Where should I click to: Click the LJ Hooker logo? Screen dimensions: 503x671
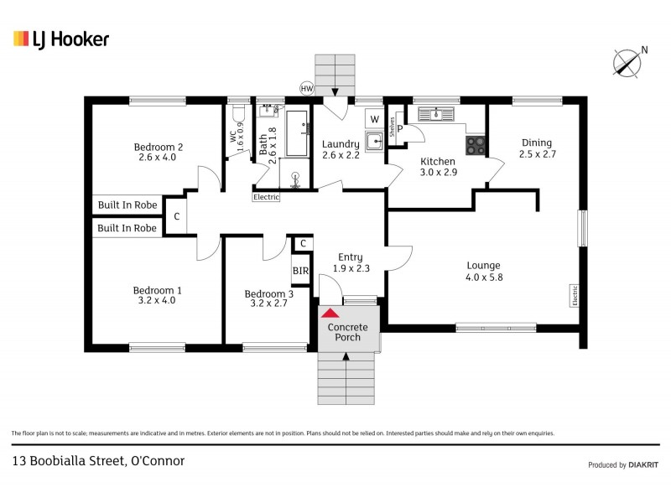[x=60, y=39]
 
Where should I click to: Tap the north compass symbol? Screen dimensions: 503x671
[x=627, y=62]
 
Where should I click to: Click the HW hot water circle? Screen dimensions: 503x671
[x=307, y=88]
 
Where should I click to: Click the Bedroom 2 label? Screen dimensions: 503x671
[x=158, y=152]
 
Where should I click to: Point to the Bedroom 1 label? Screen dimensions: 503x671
[x=158, y=295]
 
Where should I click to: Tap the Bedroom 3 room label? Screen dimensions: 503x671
[x=269, y=298]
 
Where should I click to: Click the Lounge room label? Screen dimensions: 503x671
[x=483, y=271]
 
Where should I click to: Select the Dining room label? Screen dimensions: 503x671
[x=537, y=148]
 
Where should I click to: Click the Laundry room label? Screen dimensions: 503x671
[x=341, y=149]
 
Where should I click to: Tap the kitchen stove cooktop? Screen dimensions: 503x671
[x=476, y=145]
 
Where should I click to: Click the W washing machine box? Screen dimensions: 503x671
[x=373, y=119]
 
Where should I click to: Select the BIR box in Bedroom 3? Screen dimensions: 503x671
[x=300, y=271]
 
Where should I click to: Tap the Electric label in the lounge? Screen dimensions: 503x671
[x=575, y=296]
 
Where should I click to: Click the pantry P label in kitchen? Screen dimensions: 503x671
[x=400, y=129]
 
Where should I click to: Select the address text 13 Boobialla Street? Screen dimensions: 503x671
[x=98, y=460]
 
